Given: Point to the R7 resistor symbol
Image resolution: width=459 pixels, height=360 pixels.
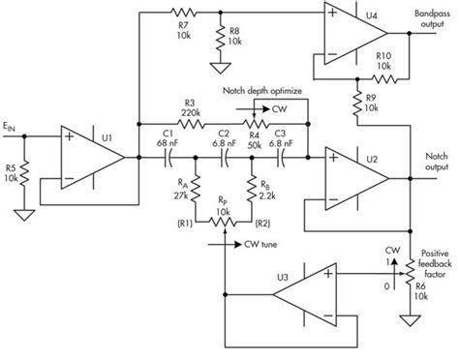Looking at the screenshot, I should [184, 14].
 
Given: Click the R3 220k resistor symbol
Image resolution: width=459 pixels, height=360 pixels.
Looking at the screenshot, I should [189, 122].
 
